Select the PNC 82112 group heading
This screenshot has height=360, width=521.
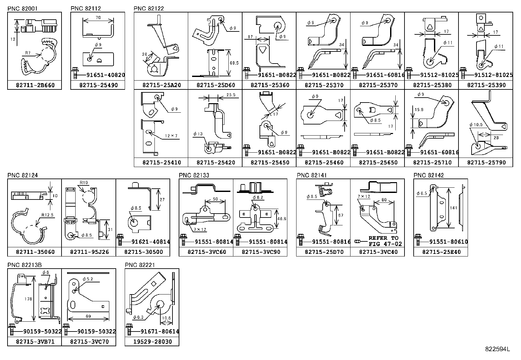point(86,9)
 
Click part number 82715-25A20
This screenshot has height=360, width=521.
point(161,85)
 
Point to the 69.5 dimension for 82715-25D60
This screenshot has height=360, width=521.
point(234,63)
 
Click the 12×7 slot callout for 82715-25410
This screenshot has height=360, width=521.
point(171,136)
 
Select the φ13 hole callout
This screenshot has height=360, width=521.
point(198,134)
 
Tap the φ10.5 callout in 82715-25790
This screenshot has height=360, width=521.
point(476,125)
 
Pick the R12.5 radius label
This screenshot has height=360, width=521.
point(47,215)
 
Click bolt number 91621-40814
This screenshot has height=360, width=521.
point(150,242)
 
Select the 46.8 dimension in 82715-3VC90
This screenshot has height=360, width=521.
point(282,218)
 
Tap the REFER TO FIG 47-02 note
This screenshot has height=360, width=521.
point(383,241)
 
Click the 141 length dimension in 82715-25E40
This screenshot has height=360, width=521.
point(453,208)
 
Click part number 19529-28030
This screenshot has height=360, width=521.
point(153,342)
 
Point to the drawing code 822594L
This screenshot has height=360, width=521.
point(497,349)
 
